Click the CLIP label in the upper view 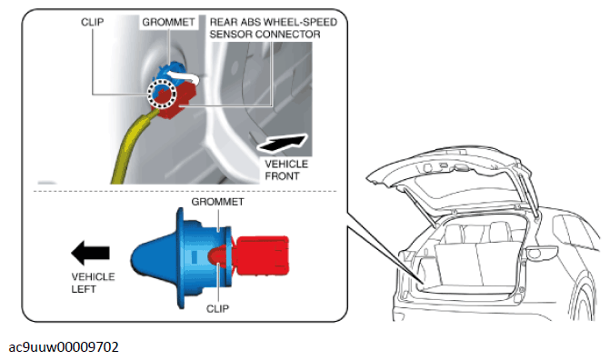pos(92,22)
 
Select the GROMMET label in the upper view pos(168,22)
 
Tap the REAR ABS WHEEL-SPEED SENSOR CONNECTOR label pos(273,28)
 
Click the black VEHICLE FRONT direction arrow pos(283,143)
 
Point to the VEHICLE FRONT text pos(286,170)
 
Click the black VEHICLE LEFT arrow pos(90,253)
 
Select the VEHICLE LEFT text pos(93,283)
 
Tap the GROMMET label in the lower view pos(217,202)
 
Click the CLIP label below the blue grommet pos(217,308)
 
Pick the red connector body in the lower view pos(263,255)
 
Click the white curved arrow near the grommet pos(183,75)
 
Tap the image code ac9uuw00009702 pos(64,346)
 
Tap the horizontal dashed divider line pos(185,191)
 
